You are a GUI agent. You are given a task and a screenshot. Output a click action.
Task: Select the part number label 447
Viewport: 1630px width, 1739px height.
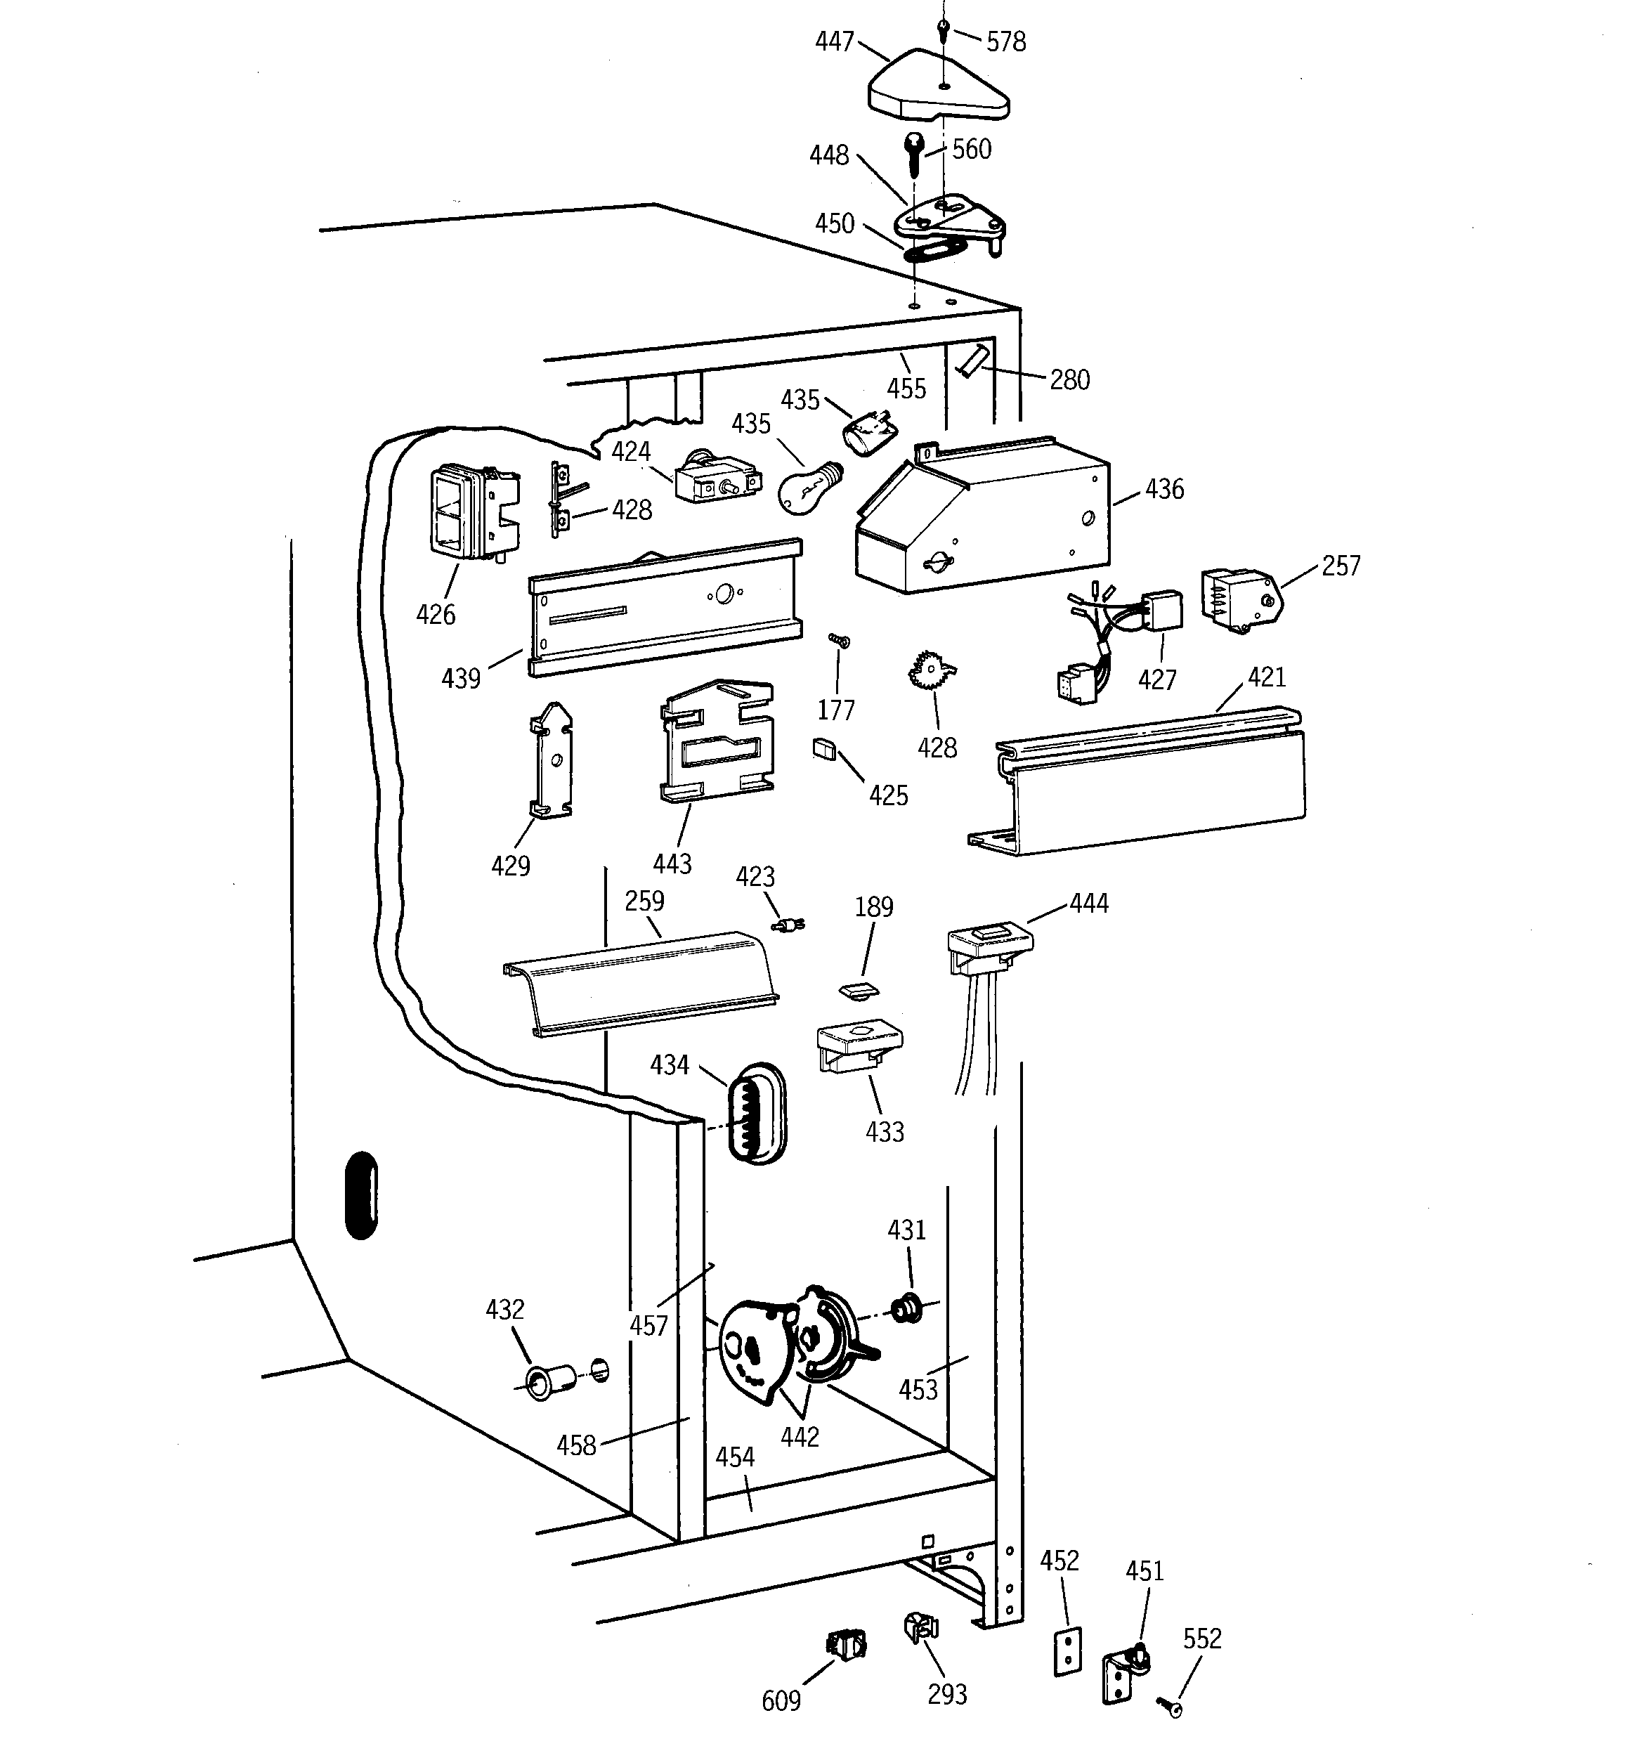tap(834, 41)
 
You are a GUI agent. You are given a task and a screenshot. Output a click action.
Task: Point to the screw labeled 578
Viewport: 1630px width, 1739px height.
tap(943, 31)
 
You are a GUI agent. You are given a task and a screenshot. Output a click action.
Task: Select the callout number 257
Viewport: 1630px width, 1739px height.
tap(1341, 566)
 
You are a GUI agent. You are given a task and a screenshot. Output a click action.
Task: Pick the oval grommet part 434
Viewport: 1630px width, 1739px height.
tap(757, 1114)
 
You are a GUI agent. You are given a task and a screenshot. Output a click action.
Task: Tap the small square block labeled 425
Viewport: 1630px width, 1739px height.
tap(824, 750)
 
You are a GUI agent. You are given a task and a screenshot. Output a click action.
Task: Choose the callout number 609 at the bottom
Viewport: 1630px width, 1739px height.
tap(781, 1700)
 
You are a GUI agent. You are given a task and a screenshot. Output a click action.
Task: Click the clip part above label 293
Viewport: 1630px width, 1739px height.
tap(920, 1627)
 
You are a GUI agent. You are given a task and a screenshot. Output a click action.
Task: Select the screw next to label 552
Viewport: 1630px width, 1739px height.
tap(1169, 1704)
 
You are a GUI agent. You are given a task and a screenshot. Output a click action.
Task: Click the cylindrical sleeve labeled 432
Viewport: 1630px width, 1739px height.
tap(549, 1383)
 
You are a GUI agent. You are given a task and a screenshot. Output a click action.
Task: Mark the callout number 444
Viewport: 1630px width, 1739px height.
tap(1088, 903)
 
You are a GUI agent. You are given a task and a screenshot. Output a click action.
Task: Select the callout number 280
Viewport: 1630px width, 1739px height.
tap(1069, 379)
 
